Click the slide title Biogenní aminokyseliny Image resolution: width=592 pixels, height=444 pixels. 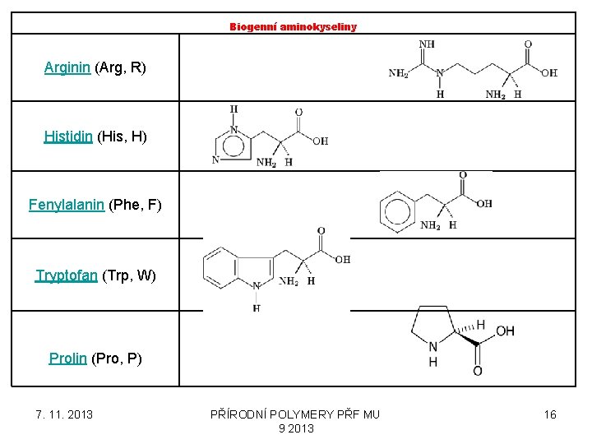293,26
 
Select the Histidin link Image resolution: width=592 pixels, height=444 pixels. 68,136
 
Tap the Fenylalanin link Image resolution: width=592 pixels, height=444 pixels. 66,205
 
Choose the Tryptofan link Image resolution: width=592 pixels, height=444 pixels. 66,275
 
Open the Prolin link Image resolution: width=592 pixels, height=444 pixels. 67,358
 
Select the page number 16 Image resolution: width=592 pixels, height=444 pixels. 550,414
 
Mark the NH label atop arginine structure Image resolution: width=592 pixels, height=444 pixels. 427,44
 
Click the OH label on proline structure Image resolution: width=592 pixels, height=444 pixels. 505,331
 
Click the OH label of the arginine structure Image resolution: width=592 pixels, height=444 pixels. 549,73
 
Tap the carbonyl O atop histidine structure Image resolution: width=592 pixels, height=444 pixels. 298,113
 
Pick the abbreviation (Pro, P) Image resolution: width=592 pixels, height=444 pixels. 117,358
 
